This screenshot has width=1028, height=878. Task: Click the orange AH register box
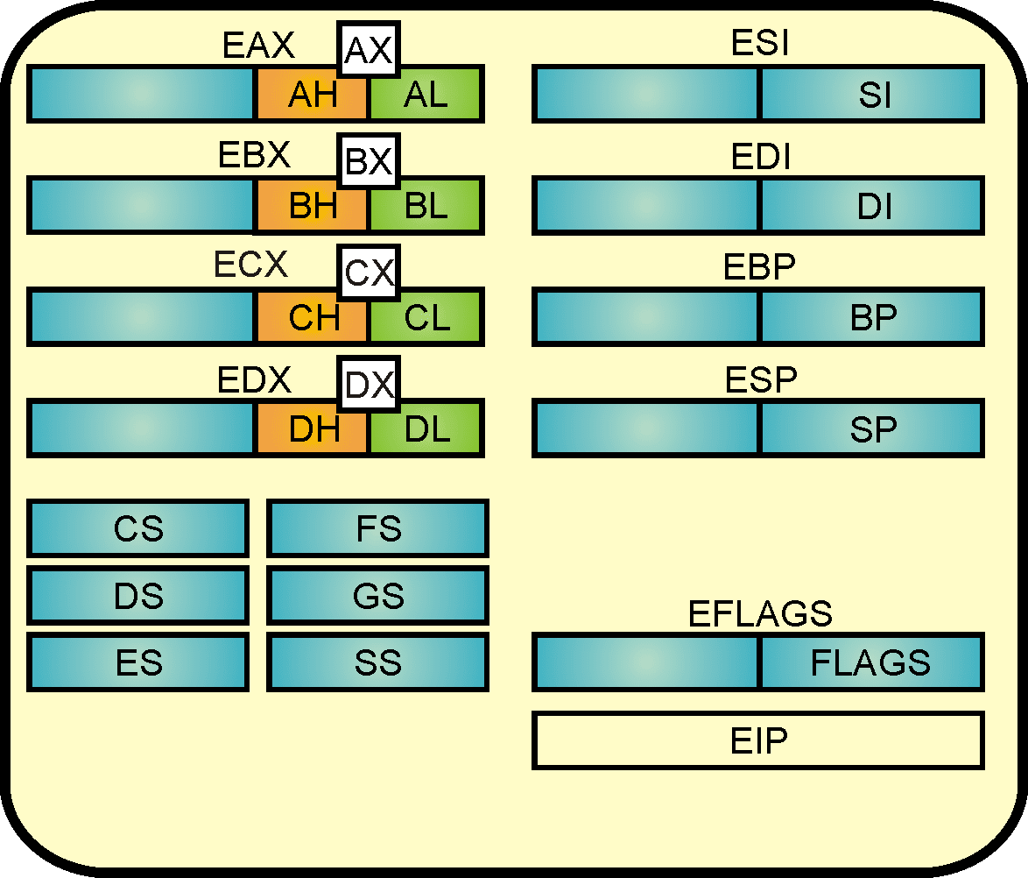[x=312, y=95]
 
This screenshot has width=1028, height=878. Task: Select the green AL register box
[x=426, y=95]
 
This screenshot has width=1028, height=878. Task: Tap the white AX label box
[x=368, y=51]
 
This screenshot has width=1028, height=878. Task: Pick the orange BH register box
[x=312, y=207]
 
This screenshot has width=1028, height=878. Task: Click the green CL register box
[x=426, y=318]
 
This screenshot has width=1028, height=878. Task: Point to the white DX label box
[x=369, y=385]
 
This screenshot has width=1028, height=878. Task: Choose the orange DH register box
[x=312, y=429]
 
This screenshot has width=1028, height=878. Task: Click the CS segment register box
[x=138, y=528]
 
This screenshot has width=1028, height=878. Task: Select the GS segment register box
[x=377, y=596]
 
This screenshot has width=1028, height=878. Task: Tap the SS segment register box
[x=377, y=662]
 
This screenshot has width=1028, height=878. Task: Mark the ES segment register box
[x=138, y=662]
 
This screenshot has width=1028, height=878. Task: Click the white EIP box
[x=758, y=741]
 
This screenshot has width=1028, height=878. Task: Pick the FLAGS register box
[x=871, y=662]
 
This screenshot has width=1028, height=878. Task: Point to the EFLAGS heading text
[x=760, y=613]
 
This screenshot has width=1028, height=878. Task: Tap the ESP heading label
[x=761, y=380]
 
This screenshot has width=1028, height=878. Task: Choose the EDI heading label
[x=761, y=159]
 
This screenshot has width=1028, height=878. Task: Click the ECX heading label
[x=251, y=265]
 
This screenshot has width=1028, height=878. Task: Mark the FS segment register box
[x=377, y=528]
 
